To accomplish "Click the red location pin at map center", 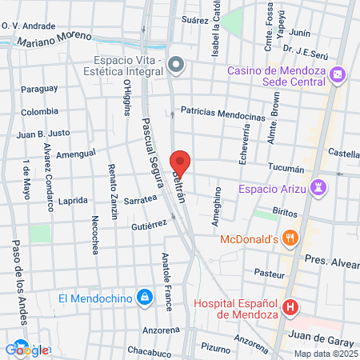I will [180, 162].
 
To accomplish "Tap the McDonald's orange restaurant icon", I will [290, 238].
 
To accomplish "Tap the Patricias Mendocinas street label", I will [222, 114].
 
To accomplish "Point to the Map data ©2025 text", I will [325, 354].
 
